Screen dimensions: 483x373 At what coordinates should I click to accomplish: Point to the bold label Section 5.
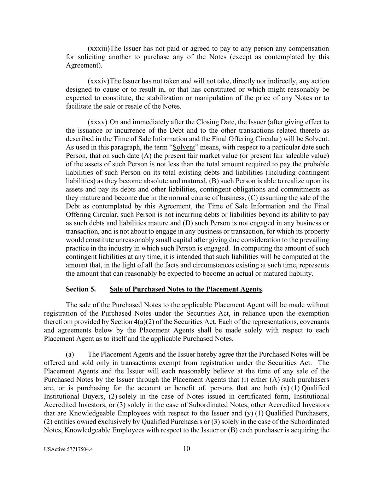pyautogui.click(x=81, y=289)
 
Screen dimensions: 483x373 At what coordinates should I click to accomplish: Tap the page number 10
pyautogui.click(x=187, y=449)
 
